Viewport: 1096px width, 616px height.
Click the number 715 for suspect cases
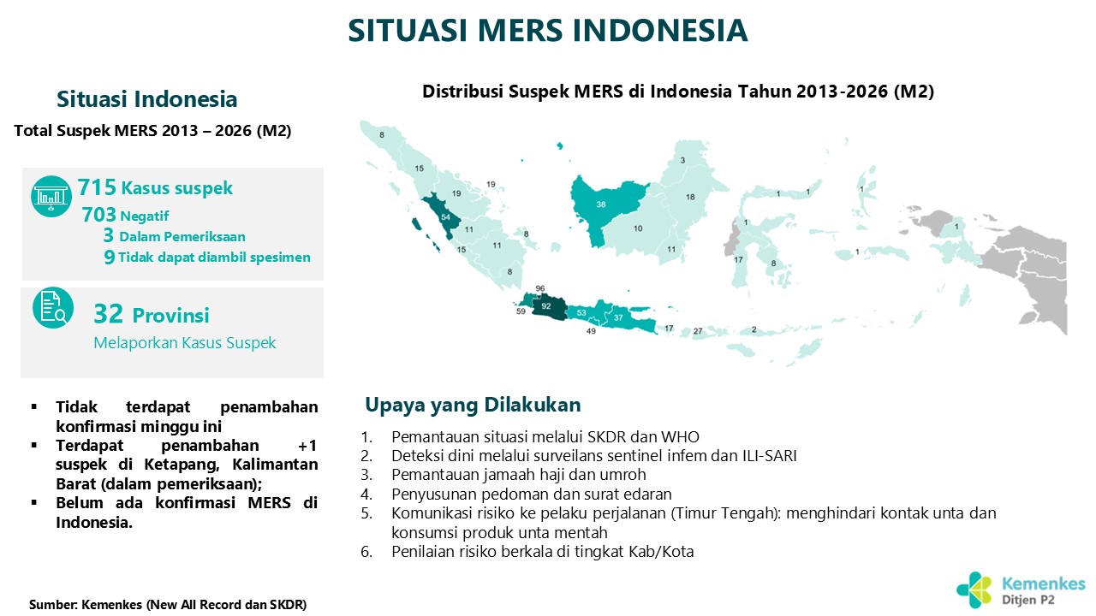tap(97, 187)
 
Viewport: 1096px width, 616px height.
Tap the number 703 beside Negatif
tap(98, 215)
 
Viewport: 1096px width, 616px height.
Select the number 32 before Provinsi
tap(108, 314)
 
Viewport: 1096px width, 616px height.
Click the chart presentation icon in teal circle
tap(51, 196)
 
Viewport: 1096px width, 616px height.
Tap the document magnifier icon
tap(53, 307)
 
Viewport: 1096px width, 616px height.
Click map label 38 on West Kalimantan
tap(601, 204)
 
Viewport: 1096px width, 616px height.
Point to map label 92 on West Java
tap(546, 306)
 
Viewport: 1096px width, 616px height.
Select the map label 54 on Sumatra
tap(445, 217)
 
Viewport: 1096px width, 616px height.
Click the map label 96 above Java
tap(540, 288)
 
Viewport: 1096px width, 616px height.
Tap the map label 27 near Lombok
tap(698, 331)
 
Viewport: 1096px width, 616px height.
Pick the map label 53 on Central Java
tap(581, 313)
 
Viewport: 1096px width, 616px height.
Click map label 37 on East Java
tap(618, 317)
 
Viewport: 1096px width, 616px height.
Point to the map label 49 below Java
tap(591, 331)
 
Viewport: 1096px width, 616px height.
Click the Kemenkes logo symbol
tap(974, 590)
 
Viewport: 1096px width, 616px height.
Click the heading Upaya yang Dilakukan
tap(473, 405)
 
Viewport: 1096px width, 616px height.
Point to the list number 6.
tap(366, 552)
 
